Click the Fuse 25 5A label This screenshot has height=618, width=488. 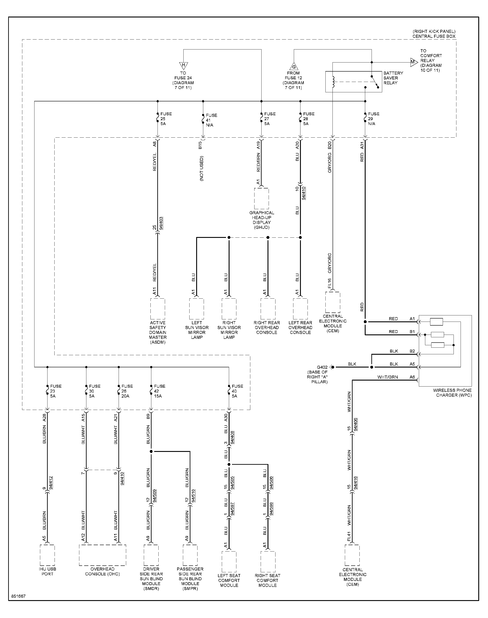click(x=166, y=119)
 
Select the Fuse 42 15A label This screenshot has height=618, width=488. click(x=160, y=391)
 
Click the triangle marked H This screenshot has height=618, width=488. click(x=183, y=66)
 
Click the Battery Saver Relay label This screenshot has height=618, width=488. click(x=393, y=78)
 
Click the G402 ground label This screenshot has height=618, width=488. click(x=322, y=367)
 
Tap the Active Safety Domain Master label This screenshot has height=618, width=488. click(x=158, y=332)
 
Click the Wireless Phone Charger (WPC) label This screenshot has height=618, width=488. click(x=452, y=393)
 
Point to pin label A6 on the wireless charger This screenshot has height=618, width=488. click(x=412, y=377)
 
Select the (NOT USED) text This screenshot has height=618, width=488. click(x=202, y=169)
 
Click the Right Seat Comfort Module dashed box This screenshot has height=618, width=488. click(x=268, y=562)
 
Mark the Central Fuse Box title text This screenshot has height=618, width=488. click(x=434, y=36)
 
